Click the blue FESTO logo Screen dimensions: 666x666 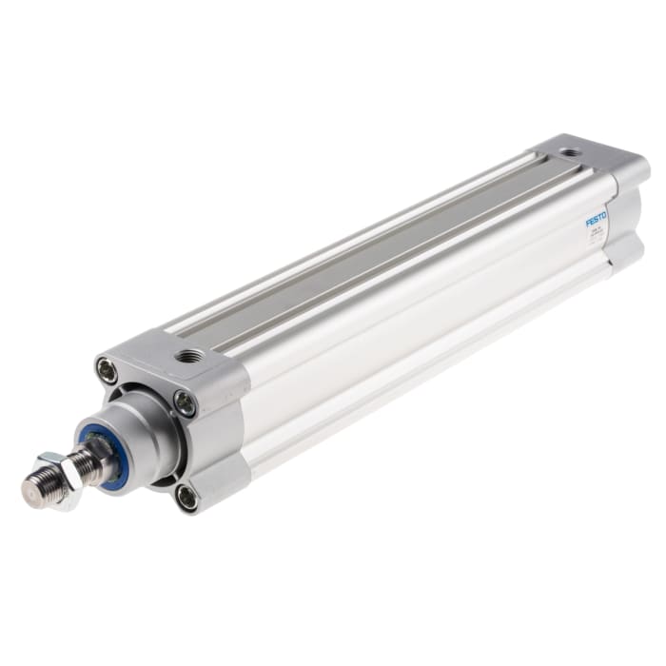[597, 220]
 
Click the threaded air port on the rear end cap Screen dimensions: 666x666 [568, 152]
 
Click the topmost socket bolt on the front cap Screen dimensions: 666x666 [108, 369]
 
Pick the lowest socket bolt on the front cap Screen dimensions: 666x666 [186, 496]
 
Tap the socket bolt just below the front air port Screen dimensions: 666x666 [185, 403]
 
